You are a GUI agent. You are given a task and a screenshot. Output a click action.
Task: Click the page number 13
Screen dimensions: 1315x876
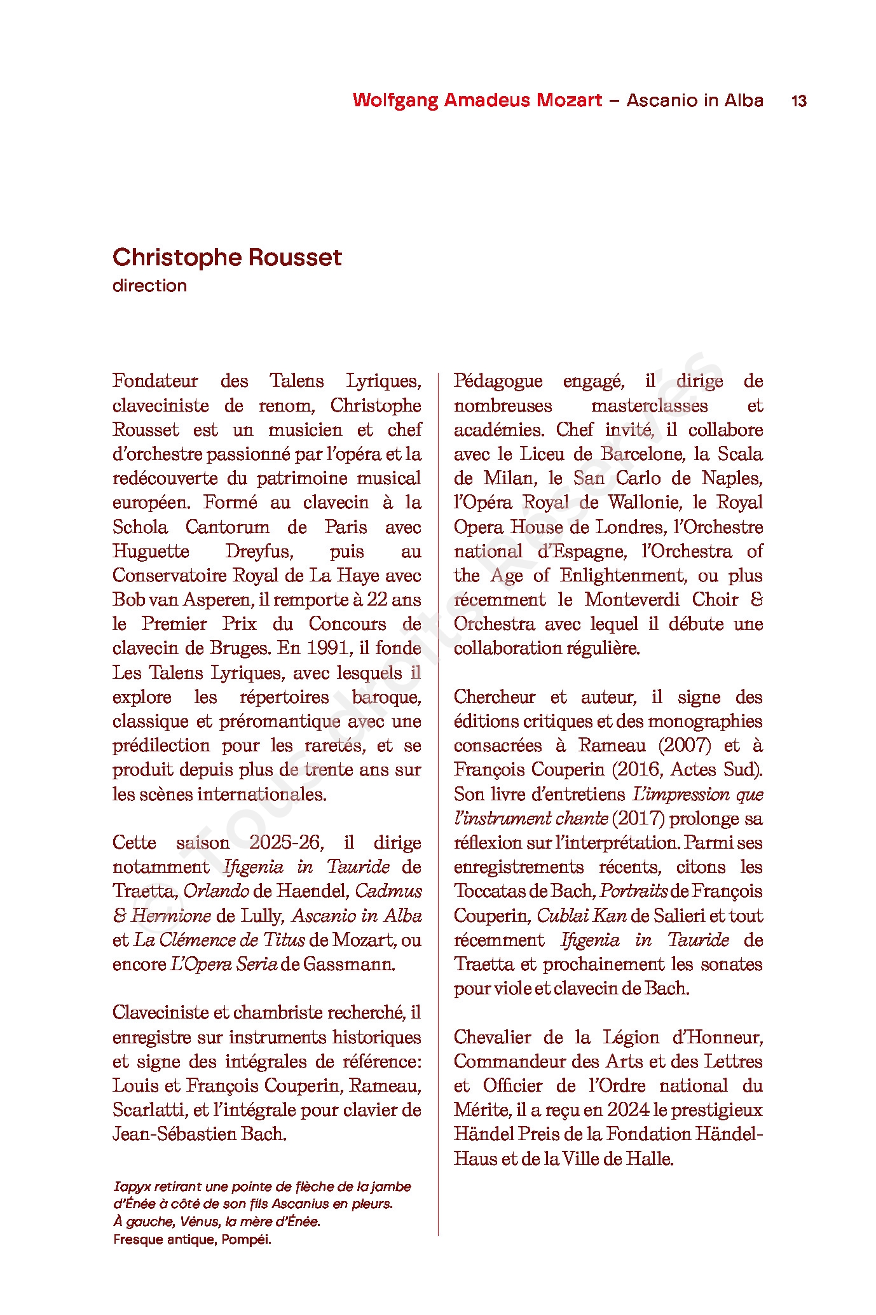pos(798,101)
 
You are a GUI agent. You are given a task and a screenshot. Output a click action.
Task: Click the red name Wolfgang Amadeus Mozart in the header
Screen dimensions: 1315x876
pos(477,101)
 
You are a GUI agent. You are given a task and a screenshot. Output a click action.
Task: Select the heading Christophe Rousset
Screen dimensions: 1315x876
pos(227,258)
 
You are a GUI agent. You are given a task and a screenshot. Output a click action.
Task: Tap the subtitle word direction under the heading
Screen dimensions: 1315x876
pos(149,286)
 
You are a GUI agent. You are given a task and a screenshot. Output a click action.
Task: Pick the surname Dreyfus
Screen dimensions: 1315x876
pos(257,552)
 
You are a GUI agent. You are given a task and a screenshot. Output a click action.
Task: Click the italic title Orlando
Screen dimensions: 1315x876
pos(216,891)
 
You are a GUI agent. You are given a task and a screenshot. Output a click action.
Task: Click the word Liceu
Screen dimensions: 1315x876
pos(541,454)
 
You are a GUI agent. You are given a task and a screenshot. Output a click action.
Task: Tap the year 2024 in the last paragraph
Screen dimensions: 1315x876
pos(628,1110)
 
